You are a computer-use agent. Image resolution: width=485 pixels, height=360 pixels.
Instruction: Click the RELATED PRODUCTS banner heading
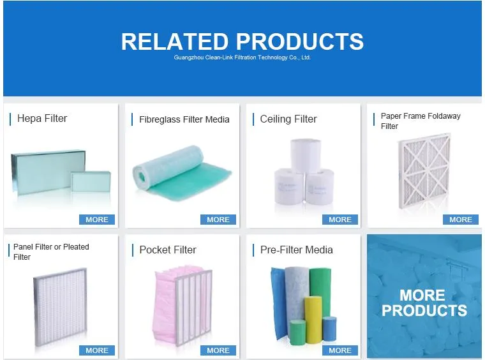pos(242,41)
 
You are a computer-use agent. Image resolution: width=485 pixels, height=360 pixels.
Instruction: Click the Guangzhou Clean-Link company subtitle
pos(242,57)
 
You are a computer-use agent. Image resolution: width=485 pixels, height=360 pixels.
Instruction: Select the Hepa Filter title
pos(42,118)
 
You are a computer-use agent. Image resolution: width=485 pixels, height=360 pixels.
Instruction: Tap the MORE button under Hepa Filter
pos(97,220)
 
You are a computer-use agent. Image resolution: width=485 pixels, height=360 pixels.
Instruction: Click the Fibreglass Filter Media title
pos(184,119)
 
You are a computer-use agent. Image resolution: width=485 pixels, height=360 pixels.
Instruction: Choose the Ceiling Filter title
pos(288,119)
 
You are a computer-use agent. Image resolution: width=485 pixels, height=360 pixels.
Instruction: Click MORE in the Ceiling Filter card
pos(339,220)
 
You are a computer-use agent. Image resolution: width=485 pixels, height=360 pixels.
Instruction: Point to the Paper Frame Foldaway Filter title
pos(420,121)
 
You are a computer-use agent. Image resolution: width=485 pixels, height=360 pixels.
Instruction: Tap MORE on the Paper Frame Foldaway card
pos(460,220)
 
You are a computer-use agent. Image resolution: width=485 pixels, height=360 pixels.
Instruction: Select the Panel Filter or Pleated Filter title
pos(51,251)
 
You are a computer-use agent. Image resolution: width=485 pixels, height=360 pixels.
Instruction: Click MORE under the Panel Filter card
pos(97,350)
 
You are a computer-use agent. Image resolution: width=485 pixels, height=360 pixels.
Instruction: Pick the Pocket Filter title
pos(168,250)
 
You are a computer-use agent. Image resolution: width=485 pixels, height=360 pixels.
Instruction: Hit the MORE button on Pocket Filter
pos(218,350)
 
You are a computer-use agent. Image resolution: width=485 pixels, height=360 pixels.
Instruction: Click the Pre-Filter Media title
pos(296,250)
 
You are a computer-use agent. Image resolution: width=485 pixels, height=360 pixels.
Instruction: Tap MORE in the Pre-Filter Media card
pos(339,350)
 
